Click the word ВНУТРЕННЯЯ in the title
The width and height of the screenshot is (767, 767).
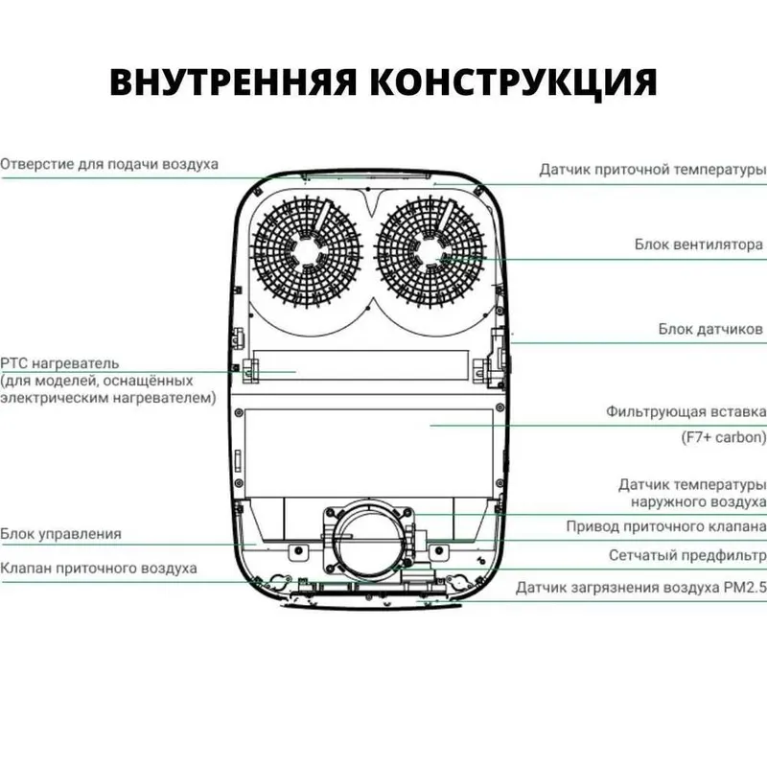(233, 81)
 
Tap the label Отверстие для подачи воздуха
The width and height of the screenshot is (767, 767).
(109, 164)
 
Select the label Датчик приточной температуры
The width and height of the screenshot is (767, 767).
(653, 170)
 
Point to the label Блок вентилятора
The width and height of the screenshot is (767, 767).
(699, 244)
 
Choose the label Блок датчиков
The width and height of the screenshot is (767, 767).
(710, 329)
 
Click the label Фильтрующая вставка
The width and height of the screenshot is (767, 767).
(686, 412)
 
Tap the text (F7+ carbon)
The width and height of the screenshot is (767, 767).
(724, 437)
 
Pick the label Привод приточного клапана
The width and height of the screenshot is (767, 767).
(666, 526)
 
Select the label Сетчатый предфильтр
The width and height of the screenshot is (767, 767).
(687, 556)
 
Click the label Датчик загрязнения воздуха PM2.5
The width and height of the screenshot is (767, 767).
(641, 588)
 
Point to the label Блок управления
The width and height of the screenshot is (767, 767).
(60, 534)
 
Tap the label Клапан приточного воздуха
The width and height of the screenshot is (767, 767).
(99, 569)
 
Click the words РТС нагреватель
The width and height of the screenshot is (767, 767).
(59, 363)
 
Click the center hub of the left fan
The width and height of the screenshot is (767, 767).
(307, 252)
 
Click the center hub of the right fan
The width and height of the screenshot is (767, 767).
(430, 252)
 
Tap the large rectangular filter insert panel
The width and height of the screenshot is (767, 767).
(368, 453)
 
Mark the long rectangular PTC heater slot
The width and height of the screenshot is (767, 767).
(360, 365)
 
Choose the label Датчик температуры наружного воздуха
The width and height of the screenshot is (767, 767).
(692, 493)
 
